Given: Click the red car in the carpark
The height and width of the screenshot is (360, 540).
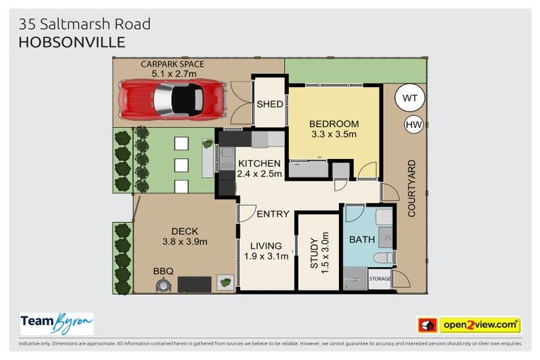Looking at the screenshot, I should (x=172, y=98).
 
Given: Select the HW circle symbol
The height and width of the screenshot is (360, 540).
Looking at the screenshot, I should (x=413, y=125).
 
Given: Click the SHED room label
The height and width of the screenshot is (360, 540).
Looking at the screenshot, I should (x=269, y=104).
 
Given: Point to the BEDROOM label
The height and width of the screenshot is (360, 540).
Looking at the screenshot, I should (x=334, y=124).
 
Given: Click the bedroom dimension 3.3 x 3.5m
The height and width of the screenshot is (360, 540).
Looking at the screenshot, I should (x=334, y=134).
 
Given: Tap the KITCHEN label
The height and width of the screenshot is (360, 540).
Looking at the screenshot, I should (x=259, y=163).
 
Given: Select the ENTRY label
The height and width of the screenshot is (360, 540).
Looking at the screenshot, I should (x=273, y=214).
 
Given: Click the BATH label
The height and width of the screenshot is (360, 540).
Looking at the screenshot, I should (x=362, y=240).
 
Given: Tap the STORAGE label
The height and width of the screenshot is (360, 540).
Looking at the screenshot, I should (x=380, y=279).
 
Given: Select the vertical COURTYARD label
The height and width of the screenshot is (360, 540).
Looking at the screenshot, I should (x=412, y=188).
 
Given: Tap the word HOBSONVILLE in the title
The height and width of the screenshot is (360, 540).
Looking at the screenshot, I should (x=72, y=42).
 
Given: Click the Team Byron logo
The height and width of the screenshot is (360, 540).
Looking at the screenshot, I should (x=57, y=323).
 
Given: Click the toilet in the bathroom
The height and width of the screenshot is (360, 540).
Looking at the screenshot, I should (x=382, y=258).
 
